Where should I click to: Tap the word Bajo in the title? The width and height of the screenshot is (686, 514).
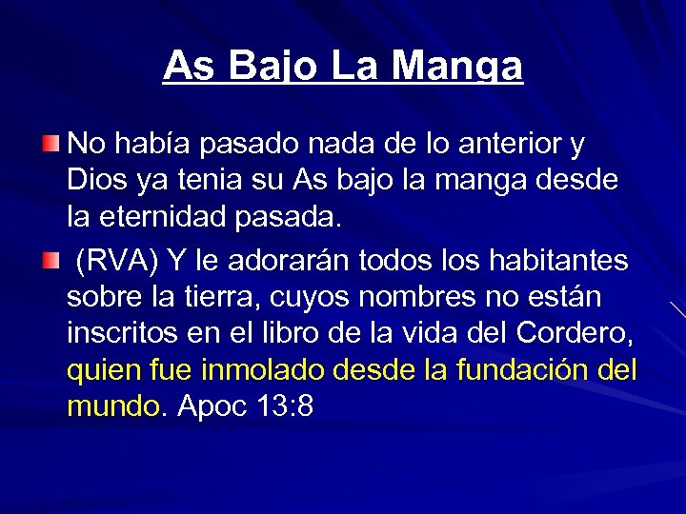(269, 66)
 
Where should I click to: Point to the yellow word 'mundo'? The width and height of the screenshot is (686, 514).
(114, 405)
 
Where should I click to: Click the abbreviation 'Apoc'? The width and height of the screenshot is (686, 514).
(212, 406)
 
